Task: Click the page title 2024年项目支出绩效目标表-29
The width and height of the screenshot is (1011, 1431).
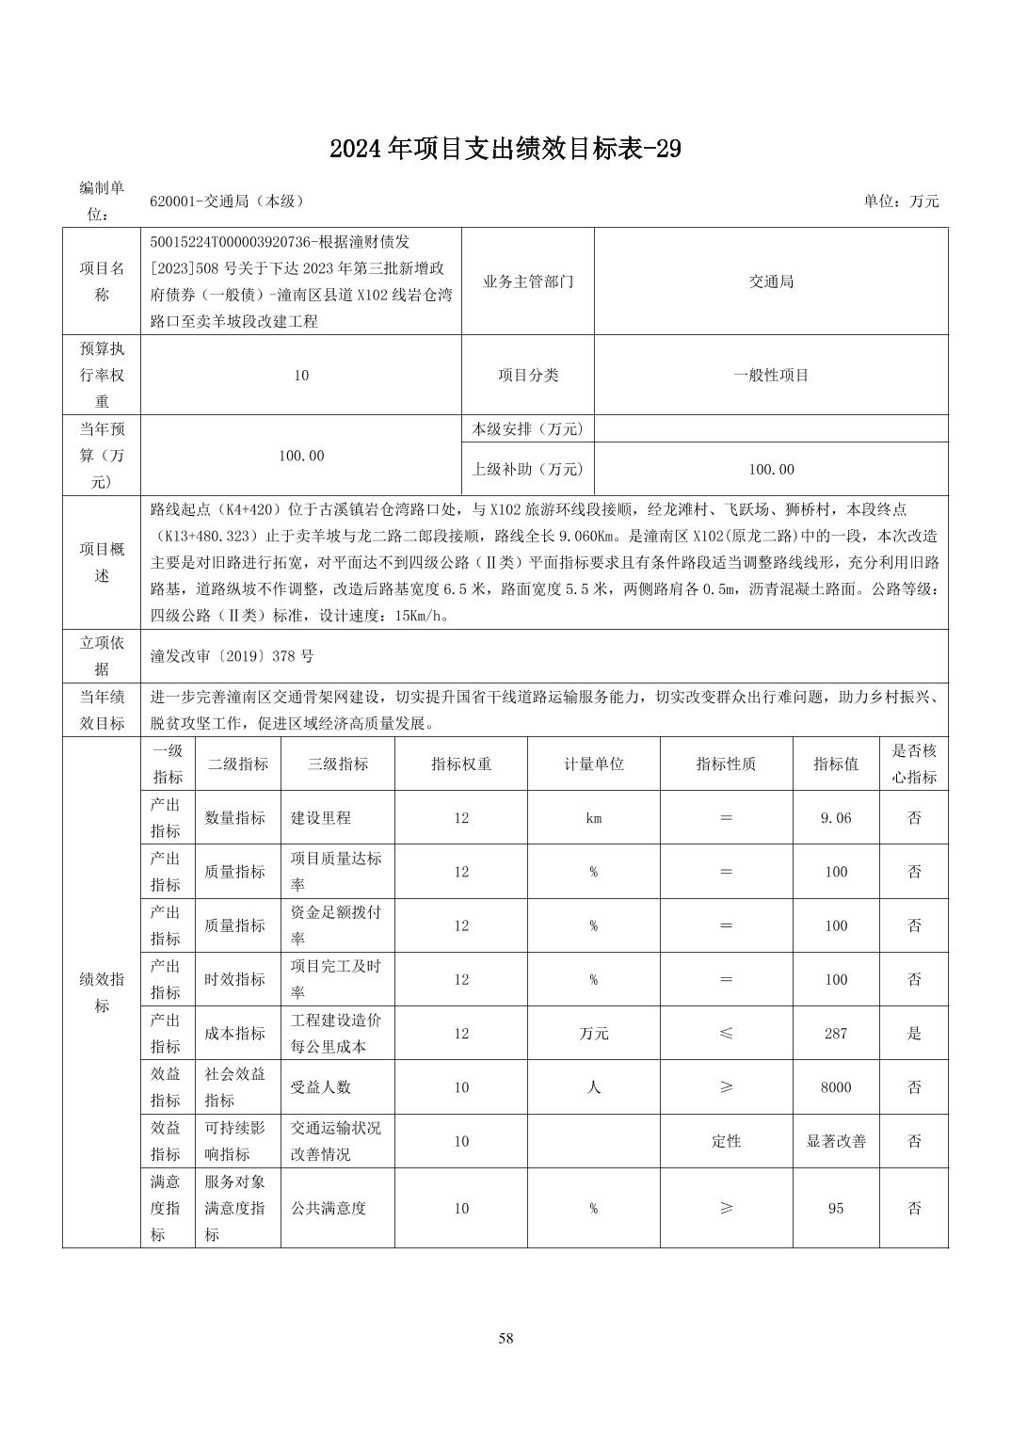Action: pyautogui.click(x=505, y=149)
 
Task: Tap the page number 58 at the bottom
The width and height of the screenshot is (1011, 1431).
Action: pyautogui.click(x=505, y=1338)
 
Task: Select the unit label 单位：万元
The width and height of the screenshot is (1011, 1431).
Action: pyautogui.click(x=901, y=201)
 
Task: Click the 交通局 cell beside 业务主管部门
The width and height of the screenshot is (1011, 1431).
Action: pyautogui.click(x=771, y=281)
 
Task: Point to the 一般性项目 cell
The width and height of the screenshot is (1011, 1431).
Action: pyautogui.click(x=771, y=375)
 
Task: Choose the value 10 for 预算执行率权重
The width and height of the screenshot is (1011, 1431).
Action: pyautogui.click(x=301, y=375)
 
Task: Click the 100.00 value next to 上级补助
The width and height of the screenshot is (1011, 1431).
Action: pyautogui.click(x=771, y=469)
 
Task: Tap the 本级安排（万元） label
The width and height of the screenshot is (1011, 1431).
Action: pyautogui.click(x=527, y=429)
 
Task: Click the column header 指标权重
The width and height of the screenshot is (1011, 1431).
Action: pyautogui.click(x=461, y=764)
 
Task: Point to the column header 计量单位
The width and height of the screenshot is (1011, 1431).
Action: pyautogui.click(x=593, y=764)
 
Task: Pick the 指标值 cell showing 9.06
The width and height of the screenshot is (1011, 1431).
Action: pyautogui.click(x=836, y=818)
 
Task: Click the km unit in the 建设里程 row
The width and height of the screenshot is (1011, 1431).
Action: pyautogui.click(x=593, y=818)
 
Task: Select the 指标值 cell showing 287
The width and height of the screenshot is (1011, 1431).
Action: pyautogui.click(x=836, y=1034)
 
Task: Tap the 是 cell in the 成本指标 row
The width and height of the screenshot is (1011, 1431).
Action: pyautogui.click(x=914, y=1034)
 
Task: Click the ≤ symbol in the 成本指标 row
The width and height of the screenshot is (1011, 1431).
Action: pyautogui.click(x=726, y=1034)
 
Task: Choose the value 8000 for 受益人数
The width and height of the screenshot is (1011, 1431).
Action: pyautogui.click(x=836, y=1087)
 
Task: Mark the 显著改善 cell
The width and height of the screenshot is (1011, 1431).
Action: pyautogui.click(x=836, y=1141)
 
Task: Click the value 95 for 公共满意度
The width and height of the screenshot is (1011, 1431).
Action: pyautogui.click(x=836, y=1208)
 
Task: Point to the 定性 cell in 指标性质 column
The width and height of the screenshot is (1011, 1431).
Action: pyautogui.click(x=726, y=1141)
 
